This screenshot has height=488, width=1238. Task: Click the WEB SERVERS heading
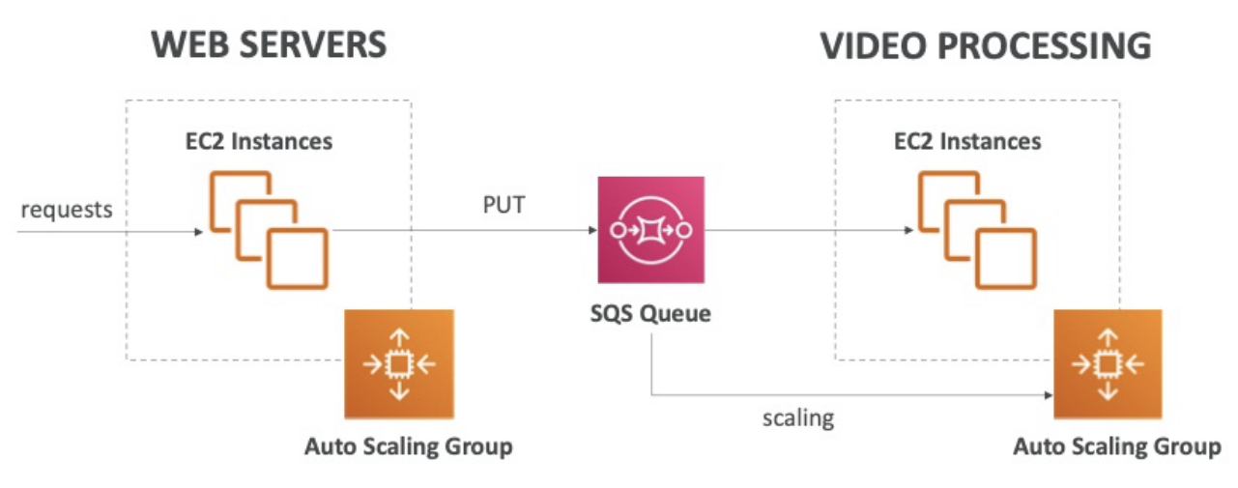(269, 45)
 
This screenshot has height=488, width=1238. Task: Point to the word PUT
(504, 206)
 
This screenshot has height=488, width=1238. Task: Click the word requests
(65, 209)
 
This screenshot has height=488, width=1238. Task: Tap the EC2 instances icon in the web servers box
(270, 230)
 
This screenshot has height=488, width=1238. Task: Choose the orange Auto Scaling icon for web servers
(399, 364)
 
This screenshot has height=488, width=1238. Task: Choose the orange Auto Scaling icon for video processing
(1108, 364)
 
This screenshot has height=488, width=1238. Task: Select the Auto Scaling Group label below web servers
(408, 446)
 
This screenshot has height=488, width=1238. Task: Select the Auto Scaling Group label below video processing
(1117, 446)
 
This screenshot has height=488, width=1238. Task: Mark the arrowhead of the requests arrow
(199, 232)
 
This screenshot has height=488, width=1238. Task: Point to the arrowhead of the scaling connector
(1048, 394)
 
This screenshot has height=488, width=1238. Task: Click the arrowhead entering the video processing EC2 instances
(907, 232)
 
